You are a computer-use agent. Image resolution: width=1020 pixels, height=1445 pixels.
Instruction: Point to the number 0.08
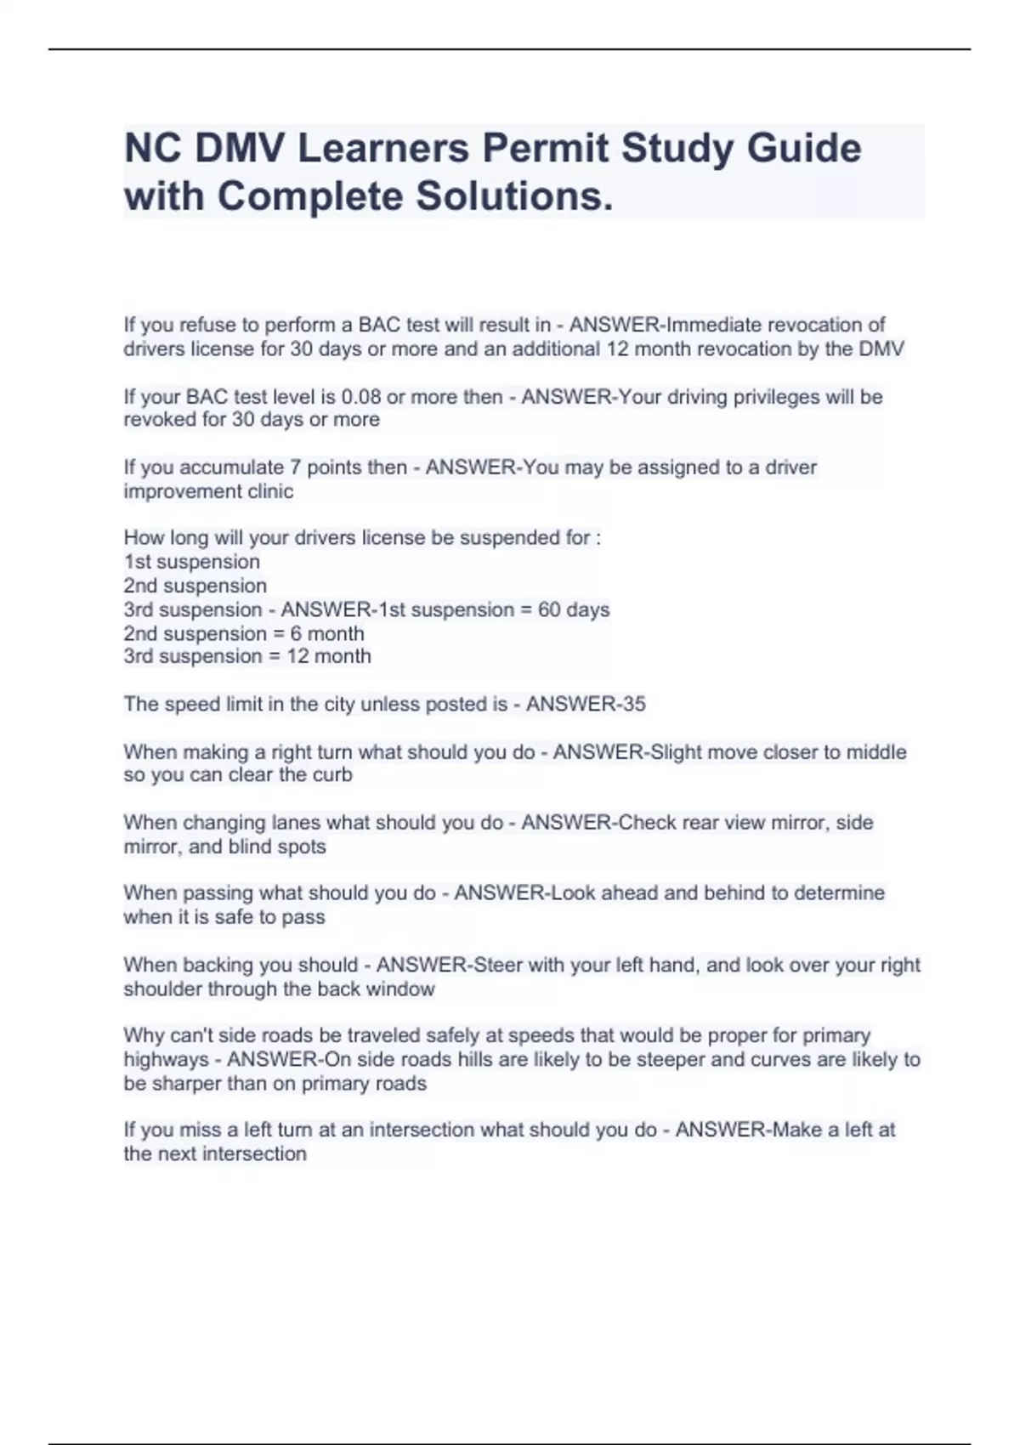(x=361, y=397)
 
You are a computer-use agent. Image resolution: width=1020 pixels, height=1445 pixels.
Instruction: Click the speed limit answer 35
(x=633, y=704)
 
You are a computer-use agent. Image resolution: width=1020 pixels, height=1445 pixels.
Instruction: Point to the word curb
(x=332, y=774)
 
